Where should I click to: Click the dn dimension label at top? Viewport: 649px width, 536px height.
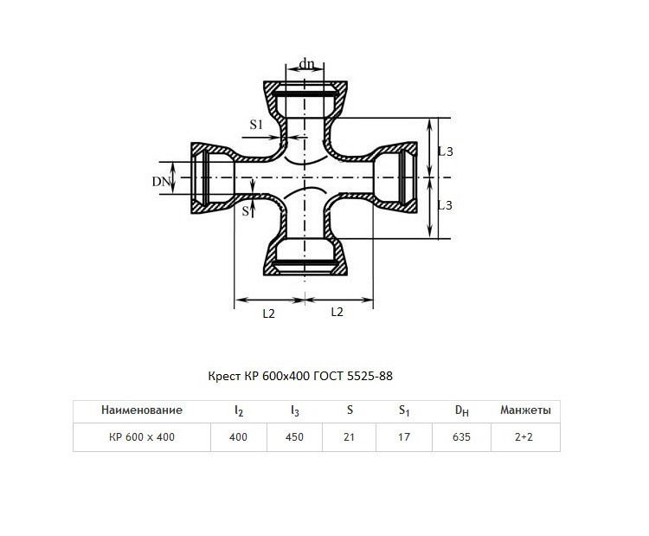tap(306, 64)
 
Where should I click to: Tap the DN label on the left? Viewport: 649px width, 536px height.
tap(161, 182)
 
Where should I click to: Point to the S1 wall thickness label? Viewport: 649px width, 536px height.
tap(256, 125)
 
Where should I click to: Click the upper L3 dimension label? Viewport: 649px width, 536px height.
tap(446, 152)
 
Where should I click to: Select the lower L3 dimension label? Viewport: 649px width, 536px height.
tap(446, 205)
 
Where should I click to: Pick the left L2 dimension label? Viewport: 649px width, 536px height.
tap(268, 313)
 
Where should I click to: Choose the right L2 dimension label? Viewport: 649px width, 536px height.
tap(337, 312)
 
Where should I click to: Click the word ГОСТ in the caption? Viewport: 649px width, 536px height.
tap(328, 376)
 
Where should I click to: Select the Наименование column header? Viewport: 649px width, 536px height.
tap(142, 410)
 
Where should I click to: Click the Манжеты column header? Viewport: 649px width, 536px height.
tap(525, 410)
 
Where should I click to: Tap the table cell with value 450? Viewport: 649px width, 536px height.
tap(294, 437)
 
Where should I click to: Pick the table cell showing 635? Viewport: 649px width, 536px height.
tap(461, 437)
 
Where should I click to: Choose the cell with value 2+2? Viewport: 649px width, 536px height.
tap(525, 437)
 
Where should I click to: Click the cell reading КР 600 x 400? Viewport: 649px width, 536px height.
tap(142, 437)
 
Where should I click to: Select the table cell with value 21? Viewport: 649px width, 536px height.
tap(349, 437)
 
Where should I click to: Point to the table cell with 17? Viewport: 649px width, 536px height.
tap(404, 437)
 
